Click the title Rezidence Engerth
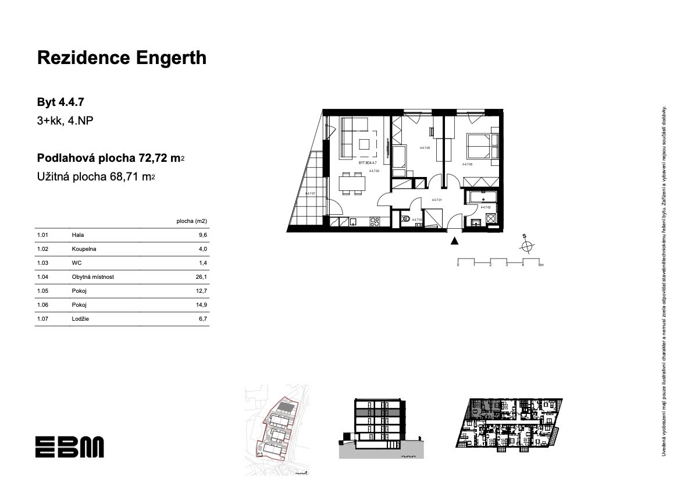[121, 58]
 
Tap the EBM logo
[69, 447]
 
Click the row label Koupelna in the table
[84, 249]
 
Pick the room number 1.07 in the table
[42, 319]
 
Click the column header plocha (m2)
[191, 221]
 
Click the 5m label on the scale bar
[540, 265]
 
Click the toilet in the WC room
[406, 219]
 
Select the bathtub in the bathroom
[480, 197]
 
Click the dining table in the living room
[352, 184]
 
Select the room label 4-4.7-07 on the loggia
[309, 193]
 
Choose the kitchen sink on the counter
[352, 221]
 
